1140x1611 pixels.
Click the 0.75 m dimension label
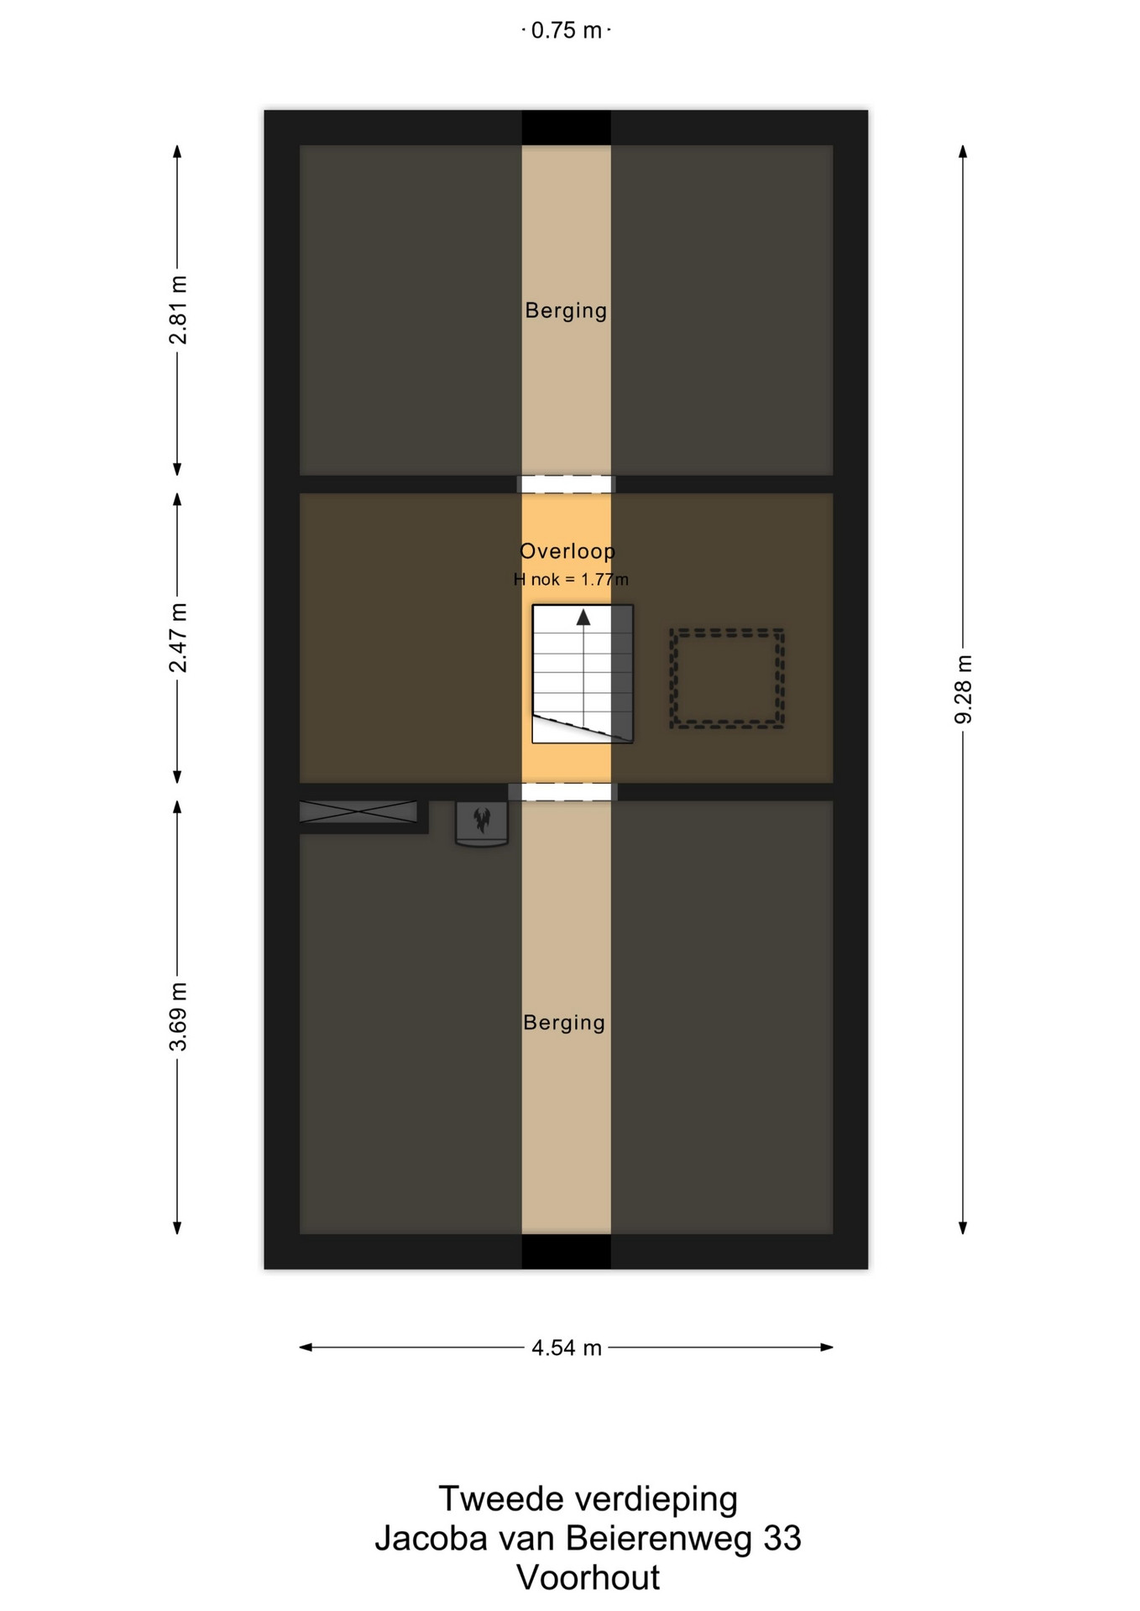[567, 31]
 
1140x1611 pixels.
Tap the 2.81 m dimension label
[178, 310]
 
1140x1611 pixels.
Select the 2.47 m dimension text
[178, 638]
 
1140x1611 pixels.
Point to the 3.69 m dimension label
[178, 1016]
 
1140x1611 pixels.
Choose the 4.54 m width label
[567, 1348]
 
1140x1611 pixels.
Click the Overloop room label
[567, 551]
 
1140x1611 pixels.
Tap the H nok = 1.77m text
[571, 579]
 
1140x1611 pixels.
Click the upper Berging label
[566, 310]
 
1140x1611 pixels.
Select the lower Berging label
[564, 1023]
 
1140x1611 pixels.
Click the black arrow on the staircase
[583, 618]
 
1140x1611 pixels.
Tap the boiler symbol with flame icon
[482, 822]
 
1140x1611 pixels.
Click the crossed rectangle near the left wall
[358, 811]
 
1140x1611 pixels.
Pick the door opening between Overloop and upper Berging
[566, 484]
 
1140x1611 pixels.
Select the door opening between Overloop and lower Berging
[562, 791]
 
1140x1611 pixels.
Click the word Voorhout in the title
[588, 1577]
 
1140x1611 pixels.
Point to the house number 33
[782, 1538]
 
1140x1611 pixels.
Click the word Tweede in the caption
[498, 1499]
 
